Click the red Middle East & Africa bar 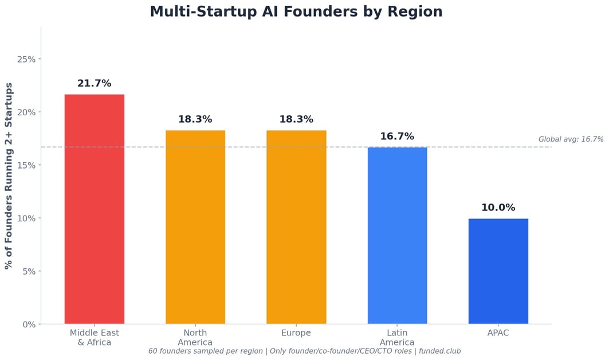[95, 209]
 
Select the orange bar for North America [195, 227]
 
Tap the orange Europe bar [296, 227]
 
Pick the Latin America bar [397, 236]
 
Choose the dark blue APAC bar [498, 271]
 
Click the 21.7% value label [95, 84]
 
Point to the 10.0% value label [498, 208]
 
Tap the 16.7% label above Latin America [397, 136]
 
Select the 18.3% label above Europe [296, 119]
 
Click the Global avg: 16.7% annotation [571, 139]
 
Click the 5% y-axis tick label [29, 271]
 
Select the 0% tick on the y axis [29, 324]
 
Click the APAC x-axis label [498, 333]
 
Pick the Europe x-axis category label [296, 333]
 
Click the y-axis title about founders [9, 175]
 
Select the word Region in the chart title [416, 11]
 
